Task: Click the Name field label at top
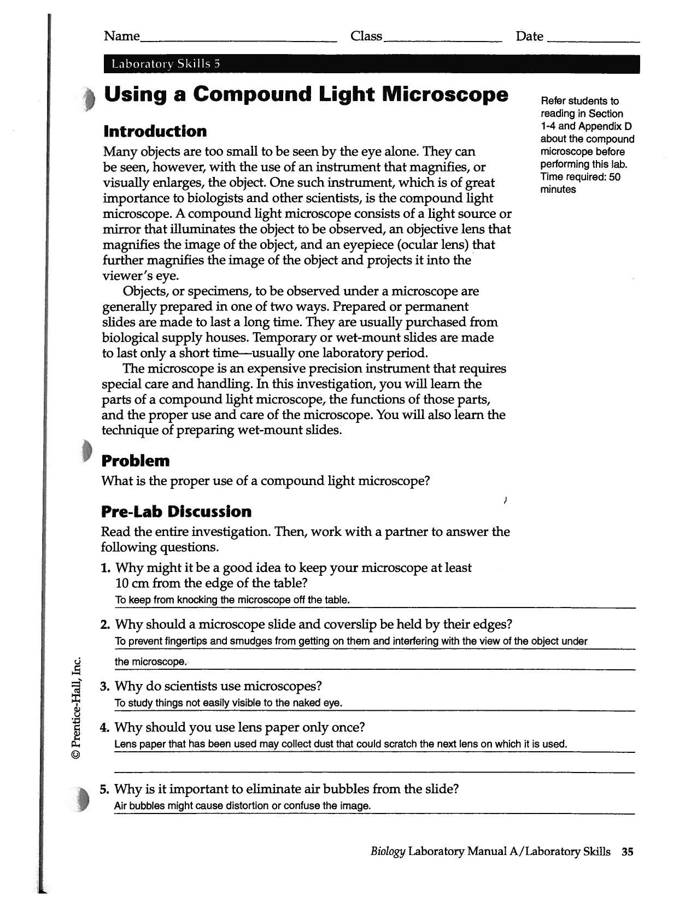[x=121, y=36]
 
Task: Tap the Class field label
[x=366, y=36]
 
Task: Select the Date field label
[x=529, y=36]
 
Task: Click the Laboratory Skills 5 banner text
[x=165, y=64]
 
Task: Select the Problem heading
[x=136, y=461]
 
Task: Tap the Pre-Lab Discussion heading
[x=176, y=512]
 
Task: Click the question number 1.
[x=106, y=568]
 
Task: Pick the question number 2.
[x=106, y=624]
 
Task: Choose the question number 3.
[x=106, y=686]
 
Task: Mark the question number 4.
[x=106, y=728]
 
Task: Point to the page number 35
[x=627, y=852]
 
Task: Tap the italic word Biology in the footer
[x=388, y=852]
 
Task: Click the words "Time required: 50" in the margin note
[x=580, y=177]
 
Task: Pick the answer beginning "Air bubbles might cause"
[x=242, y=806]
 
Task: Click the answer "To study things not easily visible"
[x=228, y=703]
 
